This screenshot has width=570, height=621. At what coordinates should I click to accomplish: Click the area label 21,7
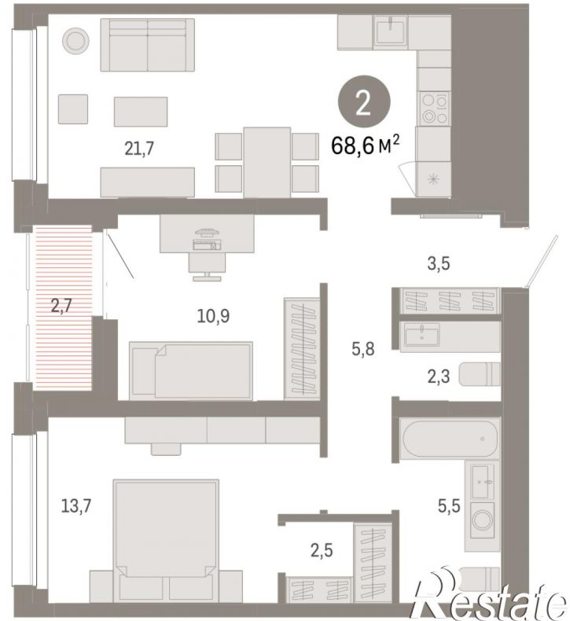pos(139,149)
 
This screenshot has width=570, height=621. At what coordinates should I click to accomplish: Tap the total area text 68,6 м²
pos(365,145)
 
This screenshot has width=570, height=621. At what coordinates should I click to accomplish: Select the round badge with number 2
pos(364,101)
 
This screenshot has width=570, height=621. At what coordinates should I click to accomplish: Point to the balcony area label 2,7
pos(61,306)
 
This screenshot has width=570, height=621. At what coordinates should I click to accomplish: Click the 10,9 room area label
pos(213,316)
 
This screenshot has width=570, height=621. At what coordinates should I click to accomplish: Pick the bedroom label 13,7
pos(76,505)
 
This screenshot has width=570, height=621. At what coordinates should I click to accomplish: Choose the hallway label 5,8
pos(363,349)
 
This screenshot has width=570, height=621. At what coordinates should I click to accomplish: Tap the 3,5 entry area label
pos(439,263)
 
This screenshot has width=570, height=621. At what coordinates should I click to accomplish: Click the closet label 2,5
pos(322,550)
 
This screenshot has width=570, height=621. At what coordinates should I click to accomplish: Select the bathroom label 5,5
pos(449,505)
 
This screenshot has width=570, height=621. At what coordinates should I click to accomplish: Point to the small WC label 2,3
pos(439,377)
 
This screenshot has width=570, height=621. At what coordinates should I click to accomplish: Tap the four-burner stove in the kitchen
pos(435,108)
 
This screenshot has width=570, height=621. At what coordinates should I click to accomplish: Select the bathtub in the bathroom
pos(450,439)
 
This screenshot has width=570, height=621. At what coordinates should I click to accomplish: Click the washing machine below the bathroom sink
pos(482,520)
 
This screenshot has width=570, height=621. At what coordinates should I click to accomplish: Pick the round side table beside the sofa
pos(75,40)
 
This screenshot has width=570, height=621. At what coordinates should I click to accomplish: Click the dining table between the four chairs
pos(267,163)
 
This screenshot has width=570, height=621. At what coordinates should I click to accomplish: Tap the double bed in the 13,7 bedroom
pos(166,541)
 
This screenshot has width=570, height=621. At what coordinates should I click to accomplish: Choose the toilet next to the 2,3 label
pos(480,374)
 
